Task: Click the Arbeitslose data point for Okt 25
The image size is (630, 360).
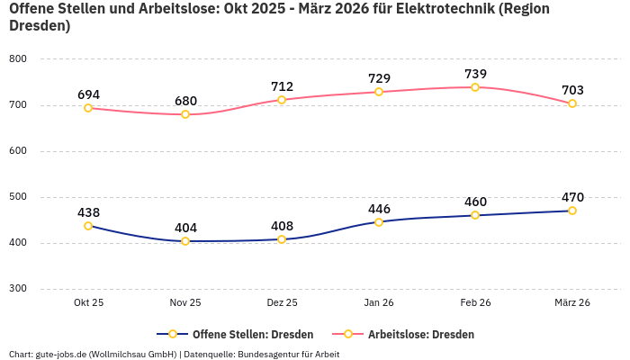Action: pos(88,108)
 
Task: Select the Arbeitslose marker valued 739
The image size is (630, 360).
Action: pos(475,87)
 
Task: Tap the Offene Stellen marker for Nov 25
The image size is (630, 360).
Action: pos(185,241)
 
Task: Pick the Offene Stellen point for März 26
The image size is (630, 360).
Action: pos(572,211)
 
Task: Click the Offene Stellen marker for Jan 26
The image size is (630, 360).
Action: pos(379,221)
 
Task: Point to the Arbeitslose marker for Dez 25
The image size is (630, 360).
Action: pos(282,100)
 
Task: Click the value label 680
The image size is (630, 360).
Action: pos(185,101)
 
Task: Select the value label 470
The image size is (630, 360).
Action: pos(572,197)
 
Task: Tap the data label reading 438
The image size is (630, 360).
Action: pos(88,212)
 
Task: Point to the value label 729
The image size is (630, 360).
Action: pos(379,79)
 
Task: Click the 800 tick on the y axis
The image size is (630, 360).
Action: pos(18,59)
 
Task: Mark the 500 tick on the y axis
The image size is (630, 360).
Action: pos(18,197)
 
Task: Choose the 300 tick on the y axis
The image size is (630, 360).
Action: pos(18,289)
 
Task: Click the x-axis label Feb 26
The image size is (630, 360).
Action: pos(475,303)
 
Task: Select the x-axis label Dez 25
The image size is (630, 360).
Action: pos(282,303)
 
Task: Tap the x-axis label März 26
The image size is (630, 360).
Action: pos(572,303)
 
